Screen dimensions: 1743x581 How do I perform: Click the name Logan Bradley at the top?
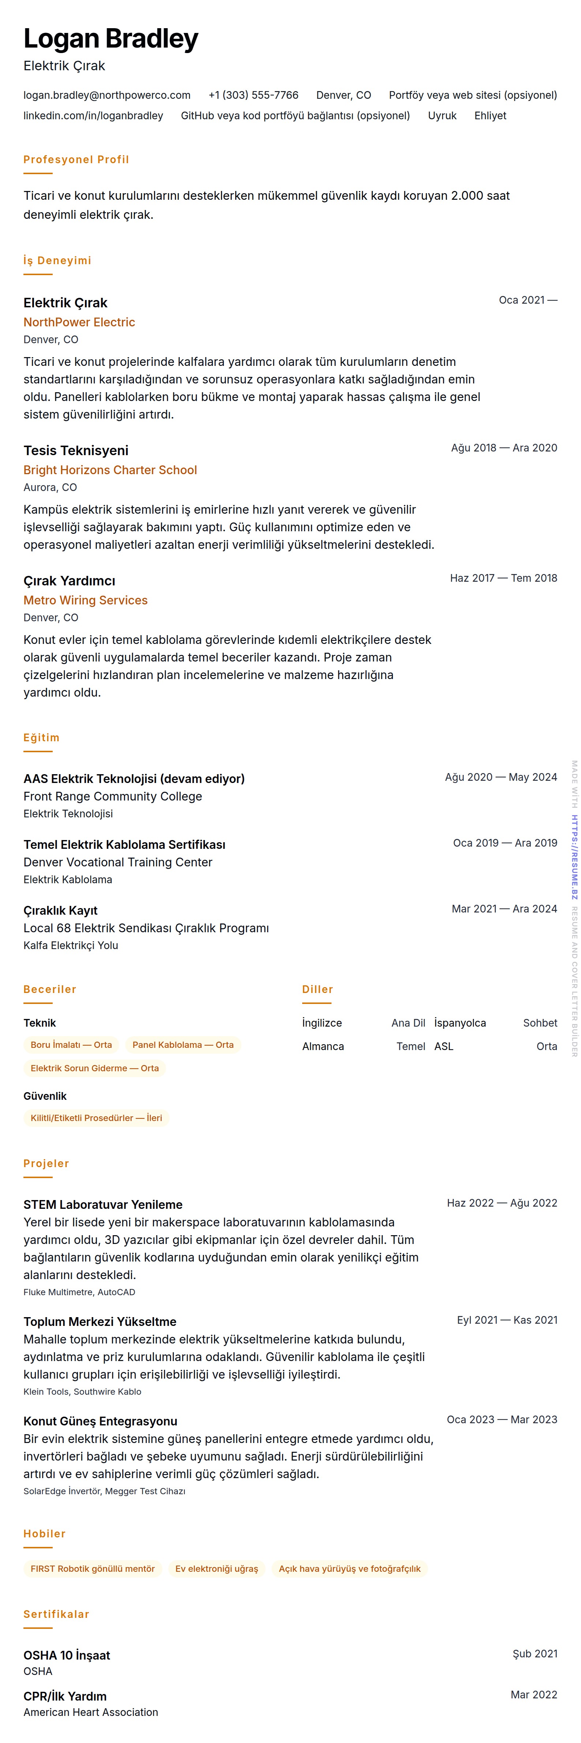111,39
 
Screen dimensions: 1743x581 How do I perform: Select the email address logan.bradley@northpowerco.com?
107,95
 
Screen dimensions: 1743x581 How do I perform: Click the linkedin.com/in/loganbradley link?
93,116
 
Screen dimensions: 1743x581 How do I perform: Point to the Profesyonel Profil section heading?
76,160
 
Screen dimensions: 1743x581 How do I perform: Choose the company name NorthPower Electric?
79,322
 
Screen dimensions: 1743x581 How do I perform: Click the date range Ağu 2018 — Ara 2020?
504,448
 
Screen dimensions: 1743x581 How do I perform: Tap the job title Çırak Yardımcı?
69,581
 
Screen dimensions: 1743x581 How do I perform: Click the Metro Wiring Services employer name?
85,600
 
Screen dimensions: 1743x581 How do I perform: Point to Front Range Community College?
112,796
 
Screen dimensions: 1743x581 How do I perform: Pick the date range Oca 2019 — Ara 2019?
505,843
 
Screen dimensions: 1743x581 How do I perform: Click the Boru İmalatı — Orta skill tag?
71,1045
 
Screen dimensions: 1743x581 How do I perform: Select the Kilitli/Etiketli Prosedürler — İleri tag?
96,1118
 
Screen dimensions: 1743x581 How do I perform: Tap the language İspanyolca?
460,1023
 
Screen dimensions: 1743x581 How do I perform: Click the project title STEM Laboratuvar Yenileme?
103,1204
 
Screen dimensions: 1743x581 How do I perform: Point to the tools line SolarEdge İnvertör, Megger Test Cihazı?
104,1491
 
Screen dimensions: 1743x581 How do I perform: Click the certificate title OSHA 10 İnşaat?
66,1655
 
